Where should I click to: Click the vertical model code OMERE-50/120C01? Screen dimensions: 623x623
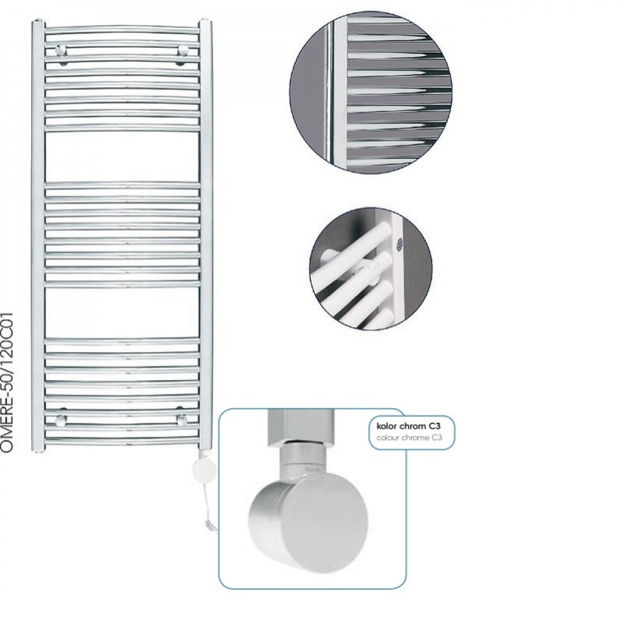pos(7,381)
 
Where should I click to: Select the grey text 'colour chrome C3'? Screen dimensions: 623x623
pos(409,437)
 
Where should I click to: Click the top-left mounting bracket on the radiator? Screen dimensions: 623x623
pos(61,50)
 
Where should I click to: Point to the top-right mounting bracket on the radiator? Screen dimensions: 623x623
pos(183,50)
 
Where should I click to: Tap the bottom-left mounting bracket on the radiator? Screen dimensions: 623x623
pos(61,419)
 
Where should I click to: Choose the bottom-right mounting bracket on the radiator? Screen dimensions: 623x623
pos(183,419)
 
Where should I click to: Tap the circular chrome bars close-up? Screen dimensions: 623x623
pos(371,92)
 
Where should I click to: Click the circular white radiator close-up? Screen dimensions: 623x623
pos(371,268)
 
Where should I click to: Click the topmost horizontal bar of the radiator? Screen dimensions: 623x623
pos(122,29)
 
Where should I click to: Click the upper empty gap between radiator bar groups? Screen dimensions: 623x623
pos(122,156)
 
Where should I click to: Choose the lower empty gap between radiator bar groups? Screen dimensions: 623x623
pos(122,313)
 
